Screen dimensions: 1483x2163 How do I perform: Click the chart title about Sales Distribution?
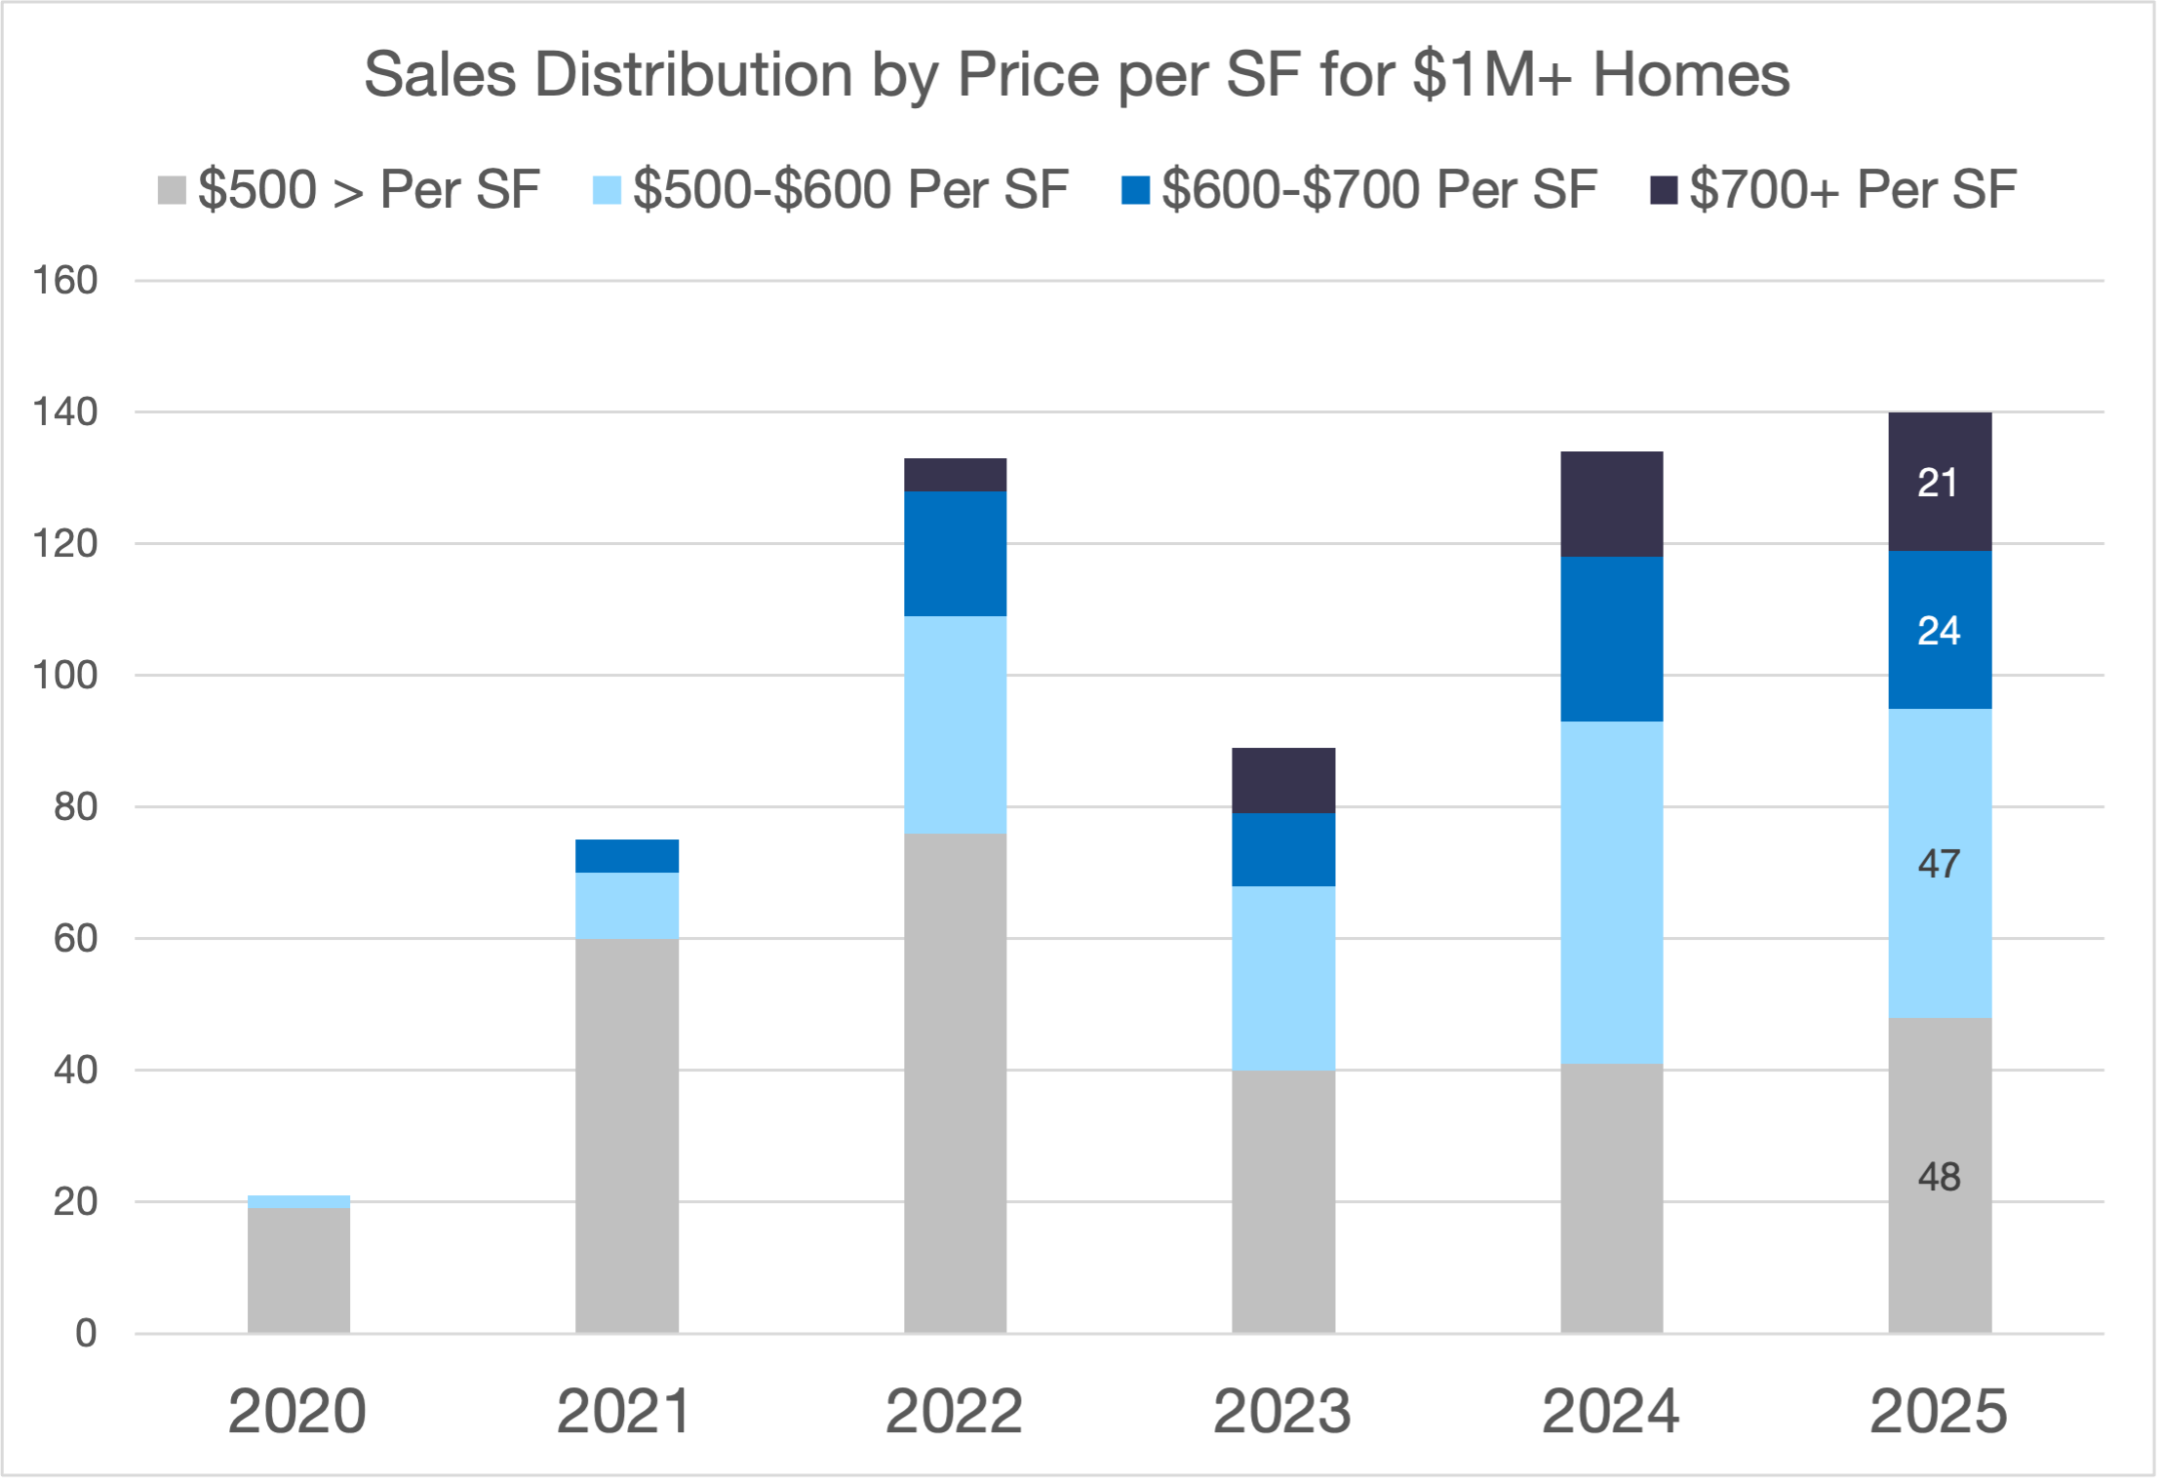pos(1077,74)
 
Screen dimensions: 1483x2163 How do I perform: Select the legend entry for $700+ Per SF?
pos(1833,189)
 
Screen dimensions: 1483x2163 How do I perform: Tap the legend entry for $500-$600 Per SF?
pos(832,189)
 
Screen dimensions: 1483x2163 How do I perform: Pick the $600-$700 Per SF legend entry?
pos(1360,189)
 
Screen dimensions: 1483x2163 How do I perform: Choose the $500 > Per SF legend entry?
pos(349,189)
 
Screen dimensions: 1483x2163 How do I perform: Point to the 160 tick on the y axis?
pos(65,281)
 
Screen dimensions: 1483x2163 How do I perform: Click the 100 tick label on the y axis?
pos(65,675)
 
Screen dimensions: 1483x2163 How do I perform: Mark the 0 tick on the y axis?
pos(86,1333)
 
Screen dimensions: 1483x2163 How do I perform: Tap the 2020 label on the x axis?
pos(297,1411)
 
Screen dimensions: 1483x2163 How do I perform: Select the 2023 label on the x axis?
pos(1282,1411)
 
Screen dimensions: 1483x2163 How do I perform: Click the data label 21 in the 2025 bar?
pos(1938,483)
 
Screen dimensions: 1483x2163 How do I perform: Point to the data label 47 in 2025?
pos(1939,864)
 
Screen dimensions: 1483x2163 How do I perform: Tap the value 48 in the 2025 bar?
pos(1939,1177)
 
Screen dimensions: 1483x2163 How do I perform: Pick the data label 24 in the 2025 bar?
pos(1939,631)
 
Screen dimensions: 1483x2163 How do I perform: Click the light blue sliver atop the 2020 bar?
pos(298,1202)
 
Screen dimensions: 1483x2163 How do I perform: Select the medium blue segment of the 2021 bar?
pos(627,856)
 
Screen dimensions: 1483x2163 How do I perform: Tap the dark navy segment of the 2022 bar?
pos(955,475)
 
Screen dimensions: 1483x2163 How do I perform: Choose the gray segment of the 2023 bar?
pos(1283,1201)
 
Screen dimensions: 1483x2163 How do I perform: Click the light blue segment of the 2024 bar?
pos(1612,892)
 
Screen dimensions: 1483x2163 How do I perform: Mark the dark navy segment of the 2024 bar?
pos(1612,504)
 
